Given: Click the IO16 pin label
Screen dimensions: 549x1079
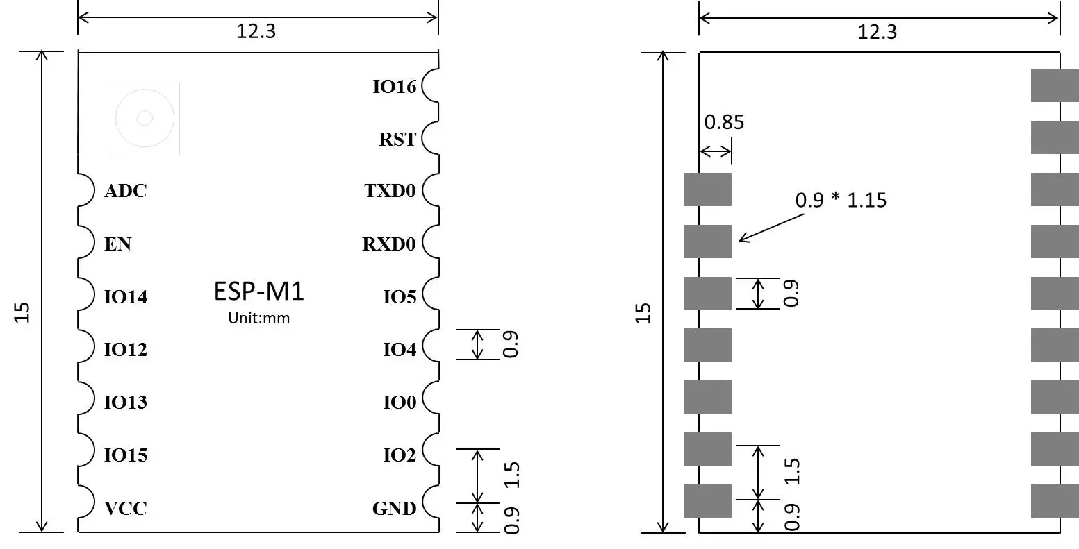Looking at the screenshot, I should pos(394,87).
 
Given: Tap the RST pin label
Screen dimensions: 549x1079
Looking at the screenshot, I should pos(397,140).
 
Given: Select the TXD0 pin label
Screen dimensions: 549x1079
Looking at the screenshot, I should pos(390,191).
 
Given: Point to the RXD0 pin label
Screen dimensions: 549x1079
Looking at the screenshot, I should pos(388,244).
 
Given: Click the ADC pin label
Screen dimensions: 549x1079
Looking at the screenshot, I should pos(126,192).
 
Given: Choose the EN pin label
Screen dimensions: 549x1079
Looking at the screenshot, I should pos(117,244).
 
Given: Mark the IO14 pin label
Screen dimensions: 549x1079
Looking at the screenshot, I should pos(126,298).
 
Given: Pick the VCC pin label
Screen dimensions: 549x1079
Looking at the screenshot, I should pos(126,509).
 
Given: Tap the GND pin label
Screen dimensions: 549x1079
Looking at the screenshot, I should pos(394,509).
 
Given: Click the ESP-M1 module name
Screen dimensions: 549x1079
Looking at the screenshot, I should pos(258,292).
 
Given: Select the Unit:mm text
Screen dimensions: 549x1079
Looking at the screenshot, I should pos(258,319).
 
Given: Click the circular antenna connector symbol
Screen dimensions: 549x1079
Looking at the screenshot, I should pos(145,119).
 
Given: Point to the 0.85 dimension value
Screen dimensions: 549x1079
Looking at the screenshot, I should pos(724,123).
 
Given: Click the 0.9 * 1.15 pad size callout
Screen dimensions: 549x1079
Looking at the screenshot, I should pos(841,201).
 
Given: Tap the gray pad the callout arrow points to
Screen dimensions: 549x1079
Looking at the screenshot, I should pos(707,242).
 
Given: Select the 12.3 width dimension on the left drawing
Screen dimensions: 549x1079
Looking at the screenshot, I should pos(256,32).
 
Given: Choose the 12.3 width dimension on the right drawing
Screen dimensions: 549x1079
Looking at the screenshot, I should pos(878,32).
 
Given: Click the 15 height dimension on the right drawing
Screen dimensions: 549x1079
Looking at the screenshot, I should pos(644,313).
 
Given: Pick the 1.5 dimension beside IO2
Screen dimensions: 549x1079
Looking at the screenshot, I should pos(513,475).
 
